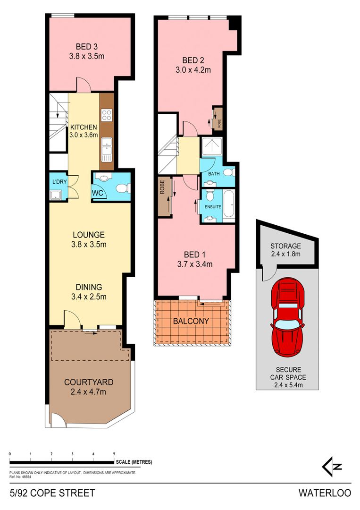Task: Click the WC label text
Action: tap(99, 193)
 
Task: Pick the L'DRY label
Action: tap(59, 182)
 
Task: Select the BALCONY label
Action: tap(191, 321)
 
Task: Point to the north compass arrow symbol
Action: tap(332, 467)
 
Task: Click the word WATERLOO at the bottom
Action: tap(324, 493)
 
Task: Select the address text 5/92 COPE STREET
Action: tap(52, 493)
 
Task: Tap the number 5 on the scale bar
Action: tap(114, 454)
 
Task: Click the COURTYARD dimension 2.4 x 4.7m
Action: tap(89, 391)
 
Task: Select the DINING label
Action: tap(89, 287)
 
